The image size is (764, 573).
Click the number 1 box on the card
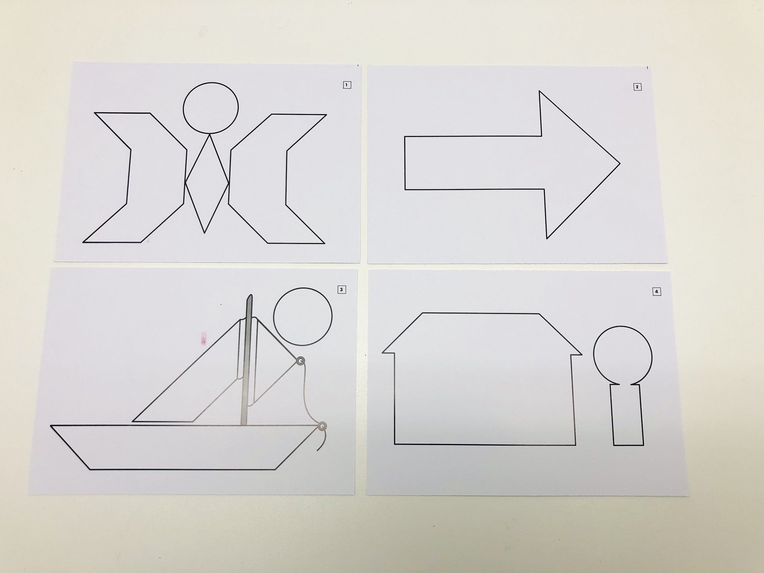click(347, 85)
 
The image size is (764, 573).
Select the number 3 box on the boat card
click(341, 289)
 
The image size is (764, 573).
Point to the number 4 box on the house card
click(656, 292)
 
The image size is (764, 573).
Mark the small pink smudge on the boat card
click(204, 338)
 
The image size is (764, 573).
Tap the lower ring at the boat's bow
click(322, 426)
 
